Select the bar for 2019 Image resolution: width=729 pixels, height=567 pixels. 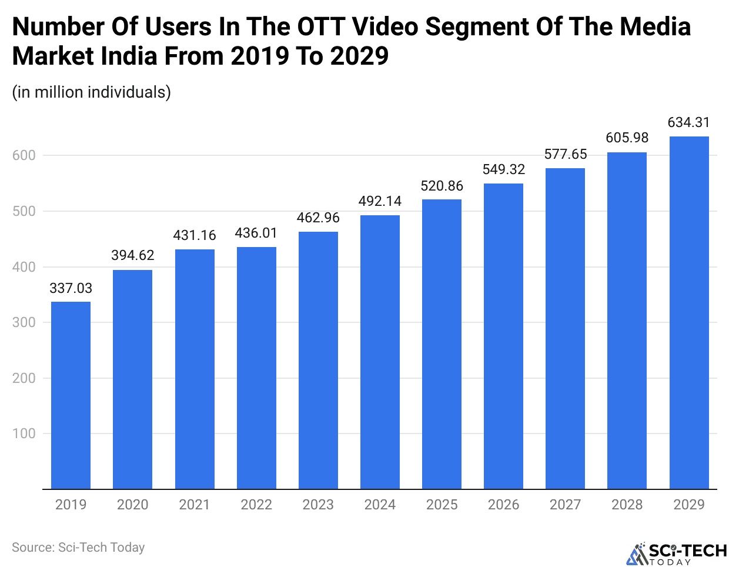pyautogui.click(x=71, y=395)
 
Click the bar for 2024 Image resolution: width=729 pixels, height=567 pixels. pyautogui.click(x=380, y=352)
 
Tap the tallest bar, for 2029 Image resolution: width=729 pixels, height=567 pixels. pyautogui.click(x=689, y=312)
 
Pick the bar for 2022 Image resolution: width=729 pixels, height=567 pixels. pyautogui.click(x=256, y=368)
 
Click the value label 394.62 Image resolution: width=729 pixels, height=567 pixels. pyautogui.click(x=133, y=255)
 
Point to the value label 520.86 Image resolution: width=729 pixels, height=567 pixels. pyautogui.click(x=442, y=186)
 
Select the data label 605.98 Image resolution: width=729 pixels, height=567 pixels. pyautogui.click(x=627, y=138)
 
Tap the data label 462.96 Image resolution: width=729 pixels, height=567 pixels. pyautogui.click(x=318, y=218)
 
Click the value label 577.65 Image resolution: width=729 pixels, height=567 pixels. pyautogui.click(x=566, y=154)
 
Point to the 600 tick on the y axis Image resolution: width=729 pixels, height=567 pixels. pyautogui.click(x=24, y=155)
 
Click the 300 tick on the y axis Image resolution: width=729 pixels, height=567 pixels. pyautogui.click(x=24, y=322)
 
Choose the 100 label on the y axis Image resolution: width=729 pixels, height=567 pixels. pyautogui.click(x=24, y=433)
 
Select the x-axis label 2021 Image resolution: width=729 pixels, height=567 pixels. pyautogui.click(x=195, y=505)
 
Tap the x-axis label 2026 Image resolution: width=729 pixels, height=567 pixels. pyautogui.click(x=504, y=505)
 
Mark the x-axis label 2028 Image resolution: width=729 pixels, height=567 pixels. pyautogui.click(x=627, y=505)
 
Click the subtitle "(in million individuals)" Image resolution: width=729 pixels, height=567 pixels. pyautogui.click(x=91, y=92)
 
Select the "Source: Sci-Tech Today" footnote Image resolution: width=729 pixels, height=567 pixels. pyautogui.click(x=78, y=548)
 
